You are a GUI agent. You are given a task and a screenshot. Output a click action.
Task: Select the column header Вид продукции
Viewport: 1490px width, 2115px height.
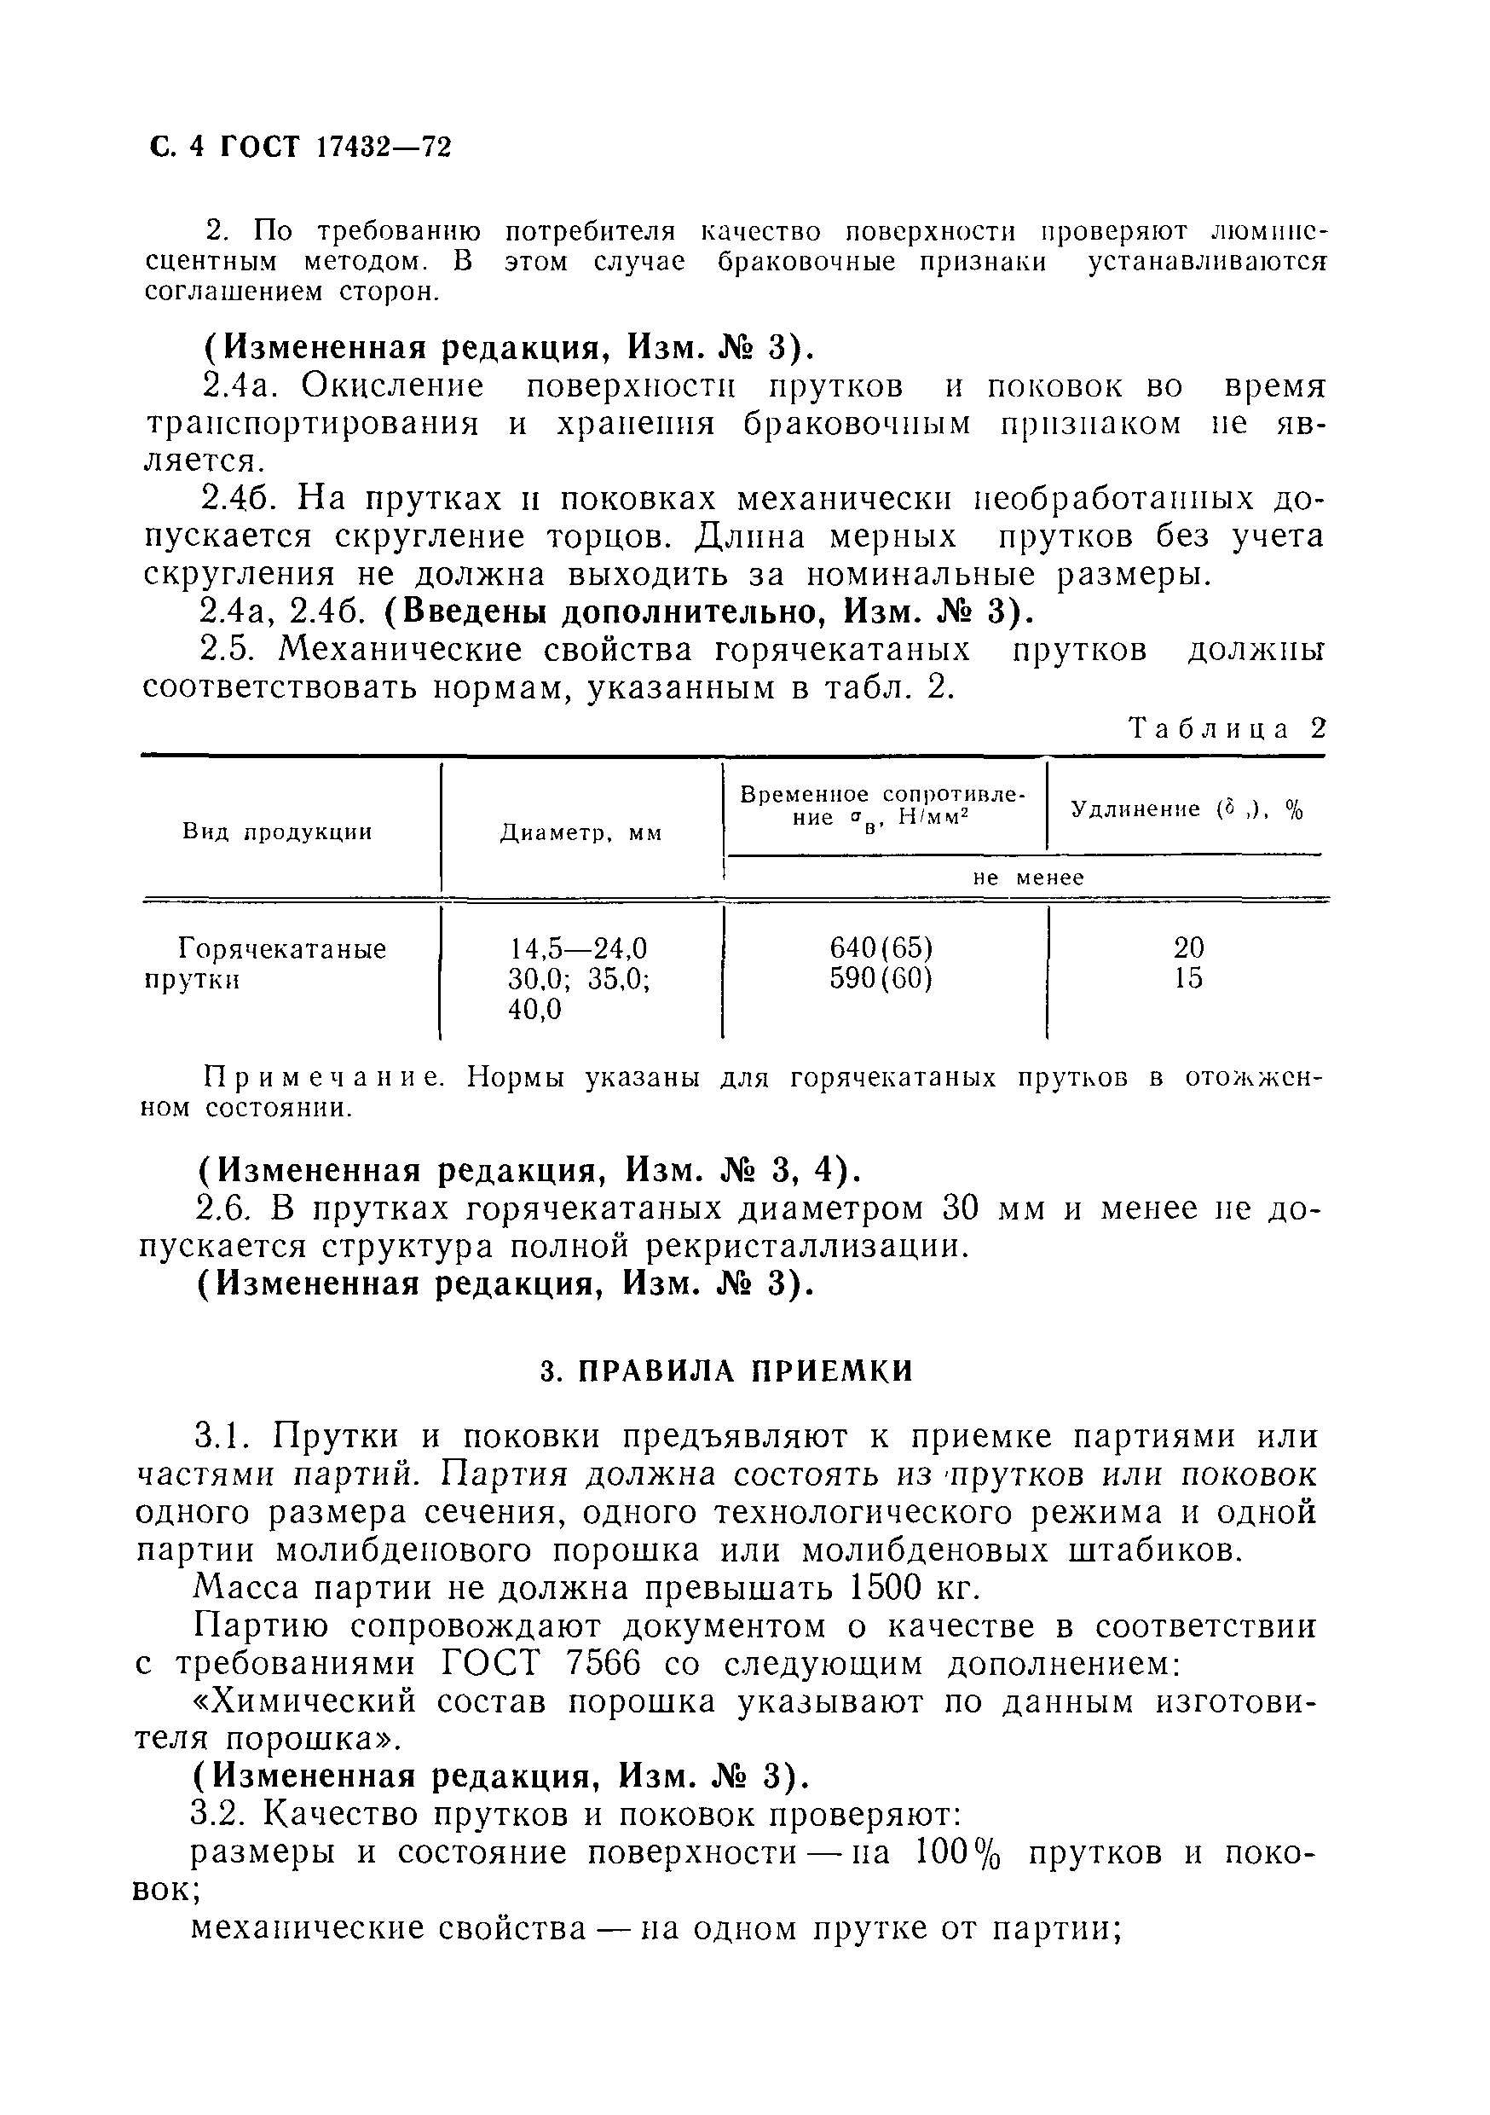pos(277,832)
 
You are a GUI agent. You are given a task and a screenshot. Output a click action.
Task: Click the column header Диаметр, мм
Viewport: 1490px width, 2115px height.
pos(581,834)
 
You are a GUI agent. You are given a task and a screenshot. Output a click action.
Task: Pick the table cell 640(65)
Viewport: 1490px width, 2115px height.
pos(881,947)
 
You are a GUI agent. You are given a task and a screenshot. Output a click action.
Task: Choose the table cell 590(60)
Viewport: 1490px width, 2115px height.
pos(881,978)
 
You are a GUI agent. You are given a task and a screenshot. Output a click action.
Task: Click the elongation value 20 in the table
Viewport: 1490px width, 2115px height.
pos(1189,947)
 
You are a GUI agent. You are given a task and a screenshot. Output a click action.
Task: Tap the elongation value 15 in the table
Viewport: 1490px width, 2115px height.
pos(1189,978)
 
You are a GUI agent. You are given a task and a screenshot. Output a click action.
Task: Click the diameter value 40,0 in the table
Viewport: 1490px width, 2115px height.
pos(535,1010)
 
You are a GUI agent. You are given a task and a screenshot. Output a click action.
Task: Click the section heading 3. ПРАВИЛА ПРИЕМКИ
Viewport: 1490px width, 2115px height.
pos(725,1371)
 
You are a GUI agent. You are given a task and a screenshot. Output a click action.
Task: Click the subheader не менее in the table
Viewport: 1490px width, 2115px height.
pos(1029,878)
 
